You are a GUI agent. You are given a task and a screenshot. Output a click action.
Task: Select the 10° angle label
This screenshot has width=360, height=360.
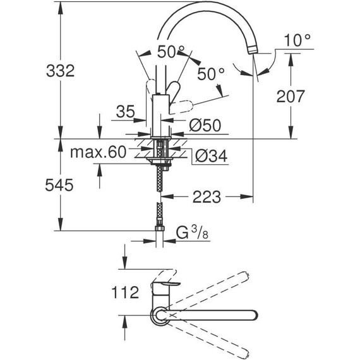pos(298,41)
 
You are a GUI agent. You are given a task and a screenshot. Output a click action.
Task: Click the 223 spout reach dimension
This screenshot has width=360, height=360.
pos(207,198)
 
